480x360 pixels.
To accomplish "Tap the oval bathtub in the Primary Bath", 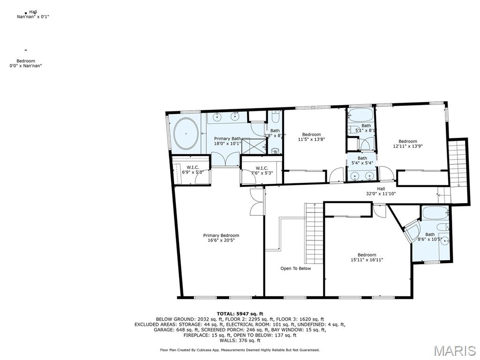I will [x=186, y=133].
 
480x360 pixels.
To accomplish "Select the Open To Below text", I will [x=295, y=269].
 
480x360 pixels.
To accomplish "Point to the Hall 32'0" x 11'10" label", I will [x=381, y=191].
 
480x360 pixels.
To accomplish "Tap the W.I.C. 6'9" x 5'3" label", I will [x=192, y=170].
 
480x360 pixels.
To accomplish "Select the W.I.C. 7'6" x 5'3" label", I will [x=262, y=171].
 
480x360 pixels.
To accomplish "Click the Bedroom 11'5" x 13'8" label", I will [x=311, y=137].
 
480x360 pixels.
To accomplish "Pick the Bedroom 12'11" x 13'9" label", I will [x=407, y=144].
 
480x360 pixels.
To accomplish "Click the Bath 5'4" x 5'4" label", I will [x=362, y=161].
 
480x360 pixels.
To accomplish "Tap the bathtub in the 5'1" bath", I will [x=360, y=115].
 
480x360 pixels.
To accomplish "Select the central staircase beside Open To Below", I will [x=314, y=226].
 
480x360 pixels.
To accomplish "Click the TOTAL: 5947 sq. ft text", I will [x=240, y=314].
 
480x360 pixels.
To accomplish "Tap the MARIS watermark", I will [x=454, y=351].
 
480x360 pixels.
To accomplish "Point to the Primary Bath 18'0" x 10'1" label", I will [x=228, y=141].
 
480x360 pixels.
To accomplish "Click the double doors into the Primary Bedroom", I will [x=255, y=202].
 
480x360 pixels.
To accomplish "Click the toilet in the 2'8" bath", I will [x=275, y=150].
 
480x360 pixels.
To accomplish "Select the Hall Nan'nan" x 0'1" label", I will [x=33, y=14].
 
